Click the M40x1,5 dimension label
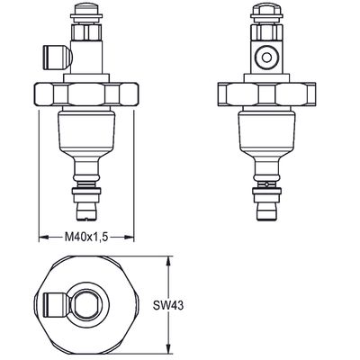tap(86, 238)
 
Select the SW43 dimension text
tap(168, 306)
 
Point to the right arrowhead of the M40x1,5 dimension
tap(130, 238)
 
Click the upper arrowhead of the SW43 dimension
tap(170, 261)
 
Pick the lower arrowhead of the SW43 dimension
tap(170, 349)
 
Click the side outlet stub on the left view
tap(58, 56)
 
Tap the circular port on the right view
tap(266, 58)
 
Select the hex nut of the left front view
tap(86, 94)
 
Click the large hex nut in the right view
tap(266, 94)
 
